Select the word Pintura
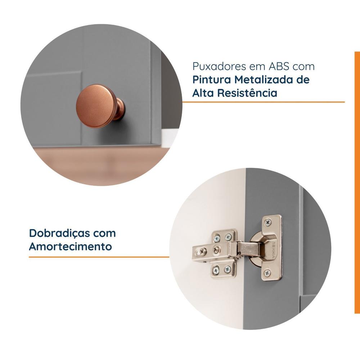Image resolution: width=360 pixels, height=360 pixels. point(212,80)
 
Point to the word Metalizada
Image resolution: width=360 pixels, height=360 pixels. point(264,80)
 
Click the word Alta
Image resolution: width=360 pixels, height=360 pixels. point(203,93)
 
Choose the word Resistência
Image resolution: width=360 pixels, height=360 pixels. point(247,93)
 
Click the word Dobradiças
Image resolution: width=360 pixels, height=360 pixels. point(59,234)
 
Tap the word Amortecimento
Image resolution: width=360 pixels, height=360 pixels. point(71,247)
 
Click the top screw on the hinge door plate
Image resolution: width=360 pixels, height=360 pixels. point(268,222)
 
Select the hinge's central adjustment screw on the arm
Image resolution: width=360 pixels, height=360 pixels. point(216,249)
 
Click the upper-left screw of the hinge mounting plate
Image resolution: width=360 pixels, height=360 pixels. point(216,238)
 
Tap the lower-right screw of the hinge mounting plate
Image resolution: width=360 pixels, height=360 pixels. point(228,269)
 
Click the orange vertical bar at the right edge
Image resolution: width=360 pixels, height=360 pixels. point(357,183)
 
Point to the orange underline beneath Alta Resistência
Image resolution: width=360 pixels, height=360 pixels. point(264,102)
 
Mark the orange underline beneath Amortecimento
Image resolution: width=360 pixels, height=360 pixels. point(99,257)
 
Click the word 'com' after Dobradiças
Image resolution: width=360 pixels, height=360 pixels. point(104,234)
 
